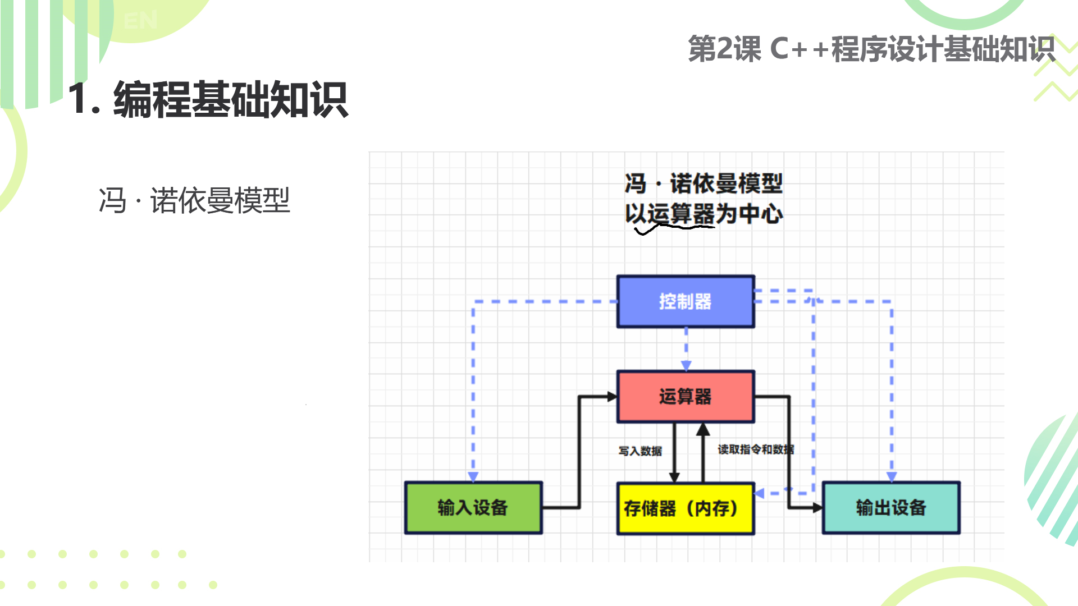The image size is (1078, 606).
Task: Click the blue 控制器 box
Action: click(686, 301)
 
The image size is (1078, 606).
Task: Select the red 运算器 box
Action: click(686, 397)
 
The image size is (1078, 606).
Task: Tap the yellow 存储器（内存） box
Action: click(686, 508)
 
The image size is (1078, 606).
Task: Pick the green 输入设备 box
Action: click(473, 508)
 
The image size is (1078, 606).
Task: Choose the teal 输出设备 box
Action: click(891, 508)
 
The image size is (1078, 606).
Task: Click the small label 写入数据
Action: click(640, 451)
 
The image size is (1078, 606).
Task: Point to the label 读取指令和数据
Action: click(756, 449)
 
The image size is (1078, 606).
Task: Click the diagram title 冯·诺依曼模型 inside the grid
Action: click(704, 183)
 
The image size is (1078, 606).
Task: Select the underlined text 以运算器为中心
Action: click(704, 214)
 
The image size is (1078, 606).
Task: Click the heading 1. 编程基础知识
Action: click(208, 99)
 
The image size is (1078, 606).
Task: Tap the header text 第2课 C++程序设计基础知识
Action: click(871, 49)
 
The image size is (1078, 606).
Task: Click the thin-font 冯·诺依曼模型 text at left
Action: click(194, 200)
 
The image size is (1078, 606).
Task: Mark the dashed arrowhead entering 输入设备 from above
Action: click(473, 476)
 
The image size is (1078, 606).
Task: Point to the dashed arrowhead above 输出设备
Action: click(892, 476)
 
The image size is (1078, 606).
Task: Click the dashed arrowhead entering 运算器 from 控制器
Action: click(686, 366)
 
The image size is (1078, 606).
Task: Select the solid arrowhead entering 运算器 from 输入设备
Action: click(612, 397)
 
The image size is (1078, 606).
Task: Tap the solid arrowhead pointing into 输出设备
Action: click(817, 508)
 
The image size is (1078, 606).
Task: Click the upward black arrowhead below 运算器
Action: click(703, 430)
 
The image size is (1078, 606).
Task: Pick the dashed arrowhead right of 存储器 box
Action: click(760, 493)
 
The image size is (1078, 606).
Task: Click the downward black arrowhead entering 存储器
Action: click(674, 477)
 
